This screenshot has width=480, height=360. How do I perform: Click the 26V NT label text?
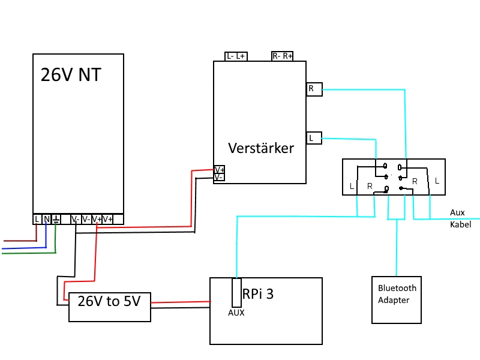(x=71, y=74)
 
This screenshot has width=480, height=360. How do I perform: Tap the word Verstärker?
(x=261, y=148)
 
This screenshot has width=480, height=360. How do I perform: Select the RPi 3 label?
(x=258, y=294)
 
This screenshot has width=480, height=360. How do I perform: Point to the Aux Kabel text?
(x=460, y=218)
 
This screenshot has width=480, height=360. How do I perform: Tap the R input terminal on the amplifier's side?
(x=314, y=89)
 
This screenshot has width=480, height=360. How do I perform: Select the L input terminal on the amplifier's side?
(x=314, y=138)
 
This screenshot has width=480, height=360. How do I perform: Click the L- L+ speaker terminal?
(x=236, y=56)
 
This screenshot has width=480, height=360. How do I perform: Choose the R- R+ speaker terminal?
(x=282, y=56)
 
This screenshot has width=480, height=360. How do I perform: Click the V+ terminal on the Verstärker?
(x=219, y=170)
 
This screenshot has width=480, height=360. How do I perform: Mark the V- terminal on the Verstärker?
(x=219, y=177)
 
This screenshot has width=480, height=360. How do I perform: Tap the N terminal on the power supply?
(x=47, y=219)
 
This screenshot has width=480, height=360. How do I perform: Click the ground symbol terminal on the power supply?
(x=56, y=219)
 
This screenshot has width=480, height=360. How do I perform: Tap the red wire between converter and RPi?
(x=181, y=302)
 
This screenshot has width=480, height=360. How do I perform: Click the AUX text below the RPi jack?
(x=236, y=313)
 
